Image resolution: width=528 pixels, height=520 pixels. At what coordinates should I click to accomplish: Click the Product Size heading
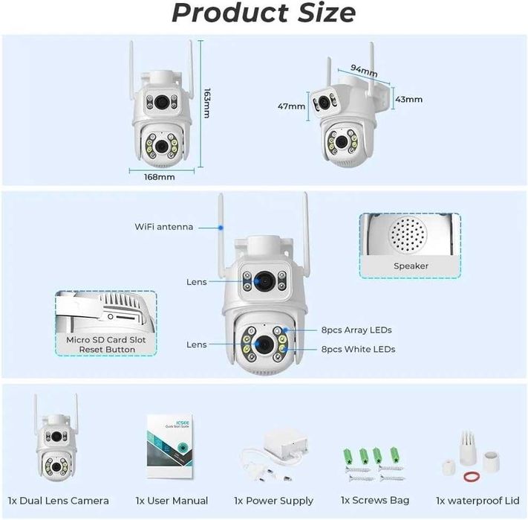pyautogui.click(x=264, y=13)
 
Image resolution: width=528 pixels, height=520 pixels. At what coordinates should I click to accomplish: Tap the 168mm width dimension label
pyautogui.click(x=160, y=177)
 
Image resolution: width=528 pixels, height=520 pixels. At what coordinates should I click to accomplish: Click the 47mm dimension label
pyautogui.click(x=291, y=106)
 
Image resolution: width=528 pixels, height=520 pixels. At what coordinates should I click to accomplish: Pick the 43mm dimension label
pyautogui.click(x=408, y=99)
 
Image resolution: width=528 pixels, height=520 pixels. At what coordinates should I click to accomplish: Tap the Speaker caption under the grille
pyautogui.click(x=410, y=266)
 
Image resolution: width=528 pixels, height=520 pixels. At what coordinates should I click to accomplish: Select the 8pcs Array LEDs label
pyautogui.click(x=356, y=330)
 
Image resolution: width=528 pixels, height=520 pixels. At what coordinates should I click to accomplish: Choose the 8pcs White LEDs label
pyautogui.click(x=358, y=349)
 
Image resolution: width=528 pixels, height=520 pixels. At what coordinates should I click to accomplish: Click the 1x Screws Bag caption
pyautogui.click(x=374, y=501)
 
